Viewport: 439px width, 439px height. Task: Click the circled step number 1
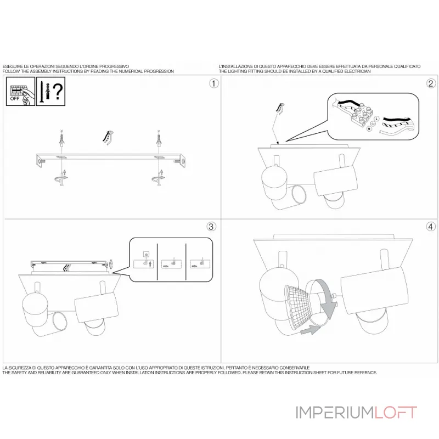coord(213,83)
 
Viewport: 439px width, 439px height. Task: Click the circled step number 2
coord(431,83)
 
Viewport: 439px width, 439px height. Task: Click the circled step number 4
coord(431,226)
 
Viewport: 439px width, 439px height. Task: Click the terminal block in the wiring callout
coord(359,117)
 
